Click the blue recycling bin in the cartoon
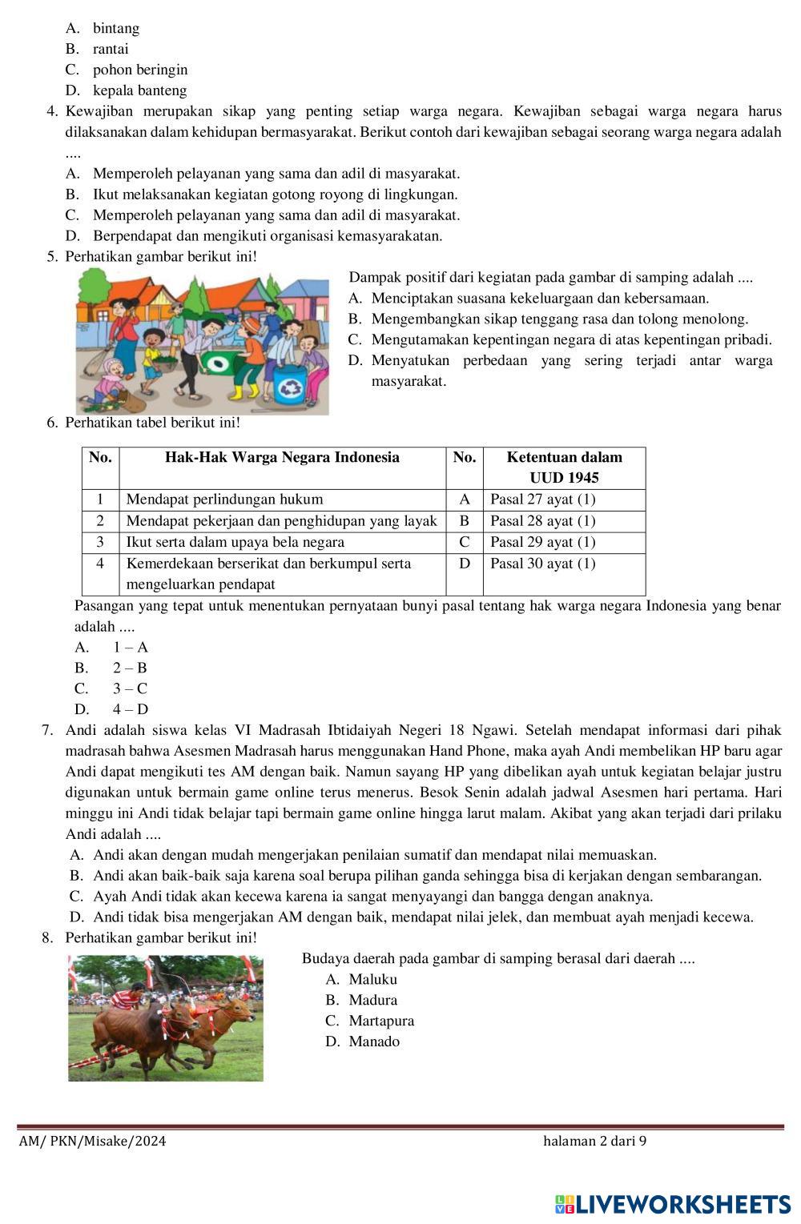click(x=288, y=383)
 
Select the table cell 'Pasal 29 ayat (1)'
click(x=543, y=542)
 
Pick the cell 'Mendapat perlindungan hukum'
click(x=225, y=500)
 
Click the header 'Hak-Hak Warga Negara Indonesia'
click(x=282, y=458)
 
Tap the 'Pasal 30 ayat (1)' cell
click(x=543, y=564)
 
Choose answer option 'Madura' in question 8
click(x=372, y=1000)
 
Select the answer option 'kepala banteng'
click(x=139, y=90)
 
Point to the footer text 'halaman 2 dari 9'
click(x=594, y=1141)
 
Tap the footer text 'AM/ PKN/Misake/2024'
click(x=93, y=1141)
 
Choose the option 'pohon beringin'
click(x=140, y=70)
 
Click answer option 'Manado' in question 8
click(x=374, y=1041)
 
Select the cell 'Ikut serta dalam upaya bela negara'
click(x=235, y=542)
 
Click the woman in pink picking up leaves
click(x=109, y=383)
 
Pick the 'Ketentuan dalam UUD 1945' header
click(x=564, y=468)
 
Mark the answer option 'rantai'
click(x=111, y=49)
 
